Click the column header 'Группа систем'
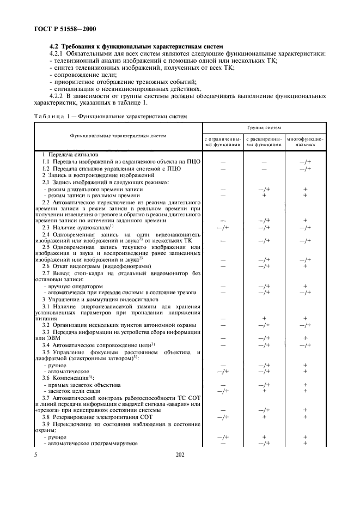[264, 128]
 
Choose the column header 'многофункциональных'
[305, 142]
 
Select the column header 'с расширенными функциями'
[264, 142]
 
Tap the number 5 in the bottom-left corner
[36, 453]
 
